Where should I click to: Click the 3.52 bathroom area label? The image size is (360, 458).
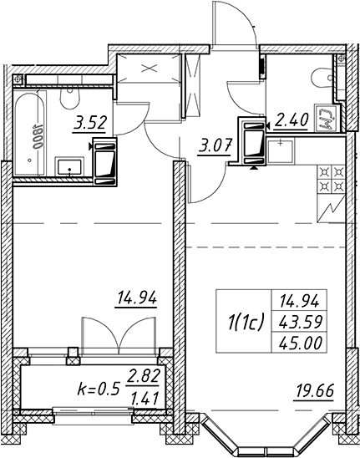pyautogui.click(x=89, y=123)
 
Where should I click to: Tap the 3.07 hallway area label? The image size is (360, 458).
pyautogui.click(x=215, y=145)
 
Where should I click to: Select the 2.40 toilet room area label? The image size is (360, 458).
pyautogui.click(x=291, y=120)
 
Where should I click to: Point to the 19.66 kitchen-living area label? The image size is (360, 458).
pyautogui.click(x=315, y=391)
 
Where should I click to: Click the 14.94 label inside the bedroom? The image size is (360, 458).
pyautogui.click(x=137, y=299)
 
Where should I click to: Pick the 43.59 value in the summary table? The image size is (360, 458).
pyautogui.click(x=301, y=323)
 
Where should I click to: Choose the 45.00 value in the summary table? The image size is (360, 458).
pyautogui.click(x=301, y=343)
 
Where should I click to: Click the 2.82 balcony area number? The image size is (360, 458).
pyautogui.click(x=144, y=376)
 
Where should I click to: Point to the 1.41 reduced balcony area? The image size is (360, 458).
pyautogui.click(x=145, y=398)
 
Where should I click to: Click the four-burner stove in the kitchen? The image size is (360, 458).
pyautogui.click(x=331, y=179)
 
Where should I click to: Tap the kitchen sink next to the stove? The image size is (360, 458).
pyautogui.click(x=281, y=151)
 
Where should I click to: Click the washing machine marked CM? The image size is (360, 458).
pyautogui.click(x=327, y=119)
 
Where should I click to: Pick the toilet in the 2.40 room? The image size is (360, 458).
pyautogui.click(x=322, y=78)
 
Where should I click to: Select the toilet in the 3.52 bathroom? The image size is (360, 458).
pyautogui.click(x=69, y=98)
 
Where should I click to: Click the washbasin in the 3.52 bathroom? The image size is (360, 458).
pyautogui.click(x=69, y=167)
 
